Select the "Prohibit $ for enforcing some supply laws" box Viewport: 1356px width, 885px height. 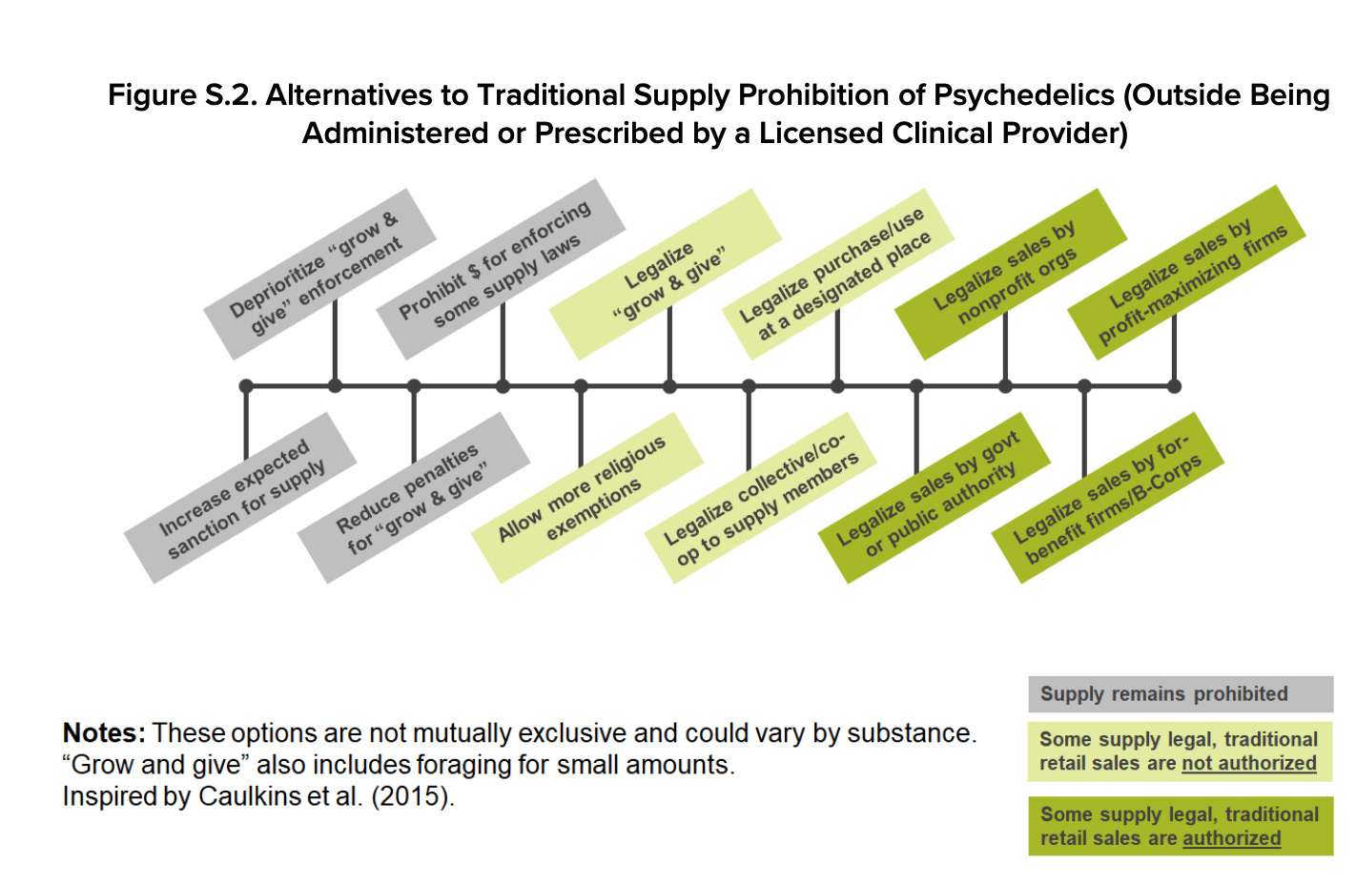(501, 269)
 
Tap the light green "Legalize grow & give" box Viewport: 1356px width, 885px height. (666, 275)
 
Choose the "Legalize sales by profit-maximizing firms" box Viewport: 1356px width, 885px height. (1185, 273)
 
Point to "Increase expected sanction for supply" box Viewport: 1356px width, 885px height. (240, 498)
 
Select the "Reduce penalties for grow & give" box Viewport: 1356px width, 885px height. (414, 498)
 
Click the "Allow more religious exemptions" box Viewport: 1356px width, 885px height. (587, 498)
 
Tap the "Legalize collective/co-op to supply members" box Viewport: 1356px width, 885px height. (761, 498)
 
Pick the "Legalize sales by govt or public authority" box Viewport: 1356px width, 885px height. (935, 498)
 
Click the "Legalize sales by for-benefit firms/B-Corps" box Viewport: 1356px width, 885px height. (1108, 498)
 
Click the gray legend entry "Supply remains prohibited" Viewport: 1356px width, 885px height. (1181, 694)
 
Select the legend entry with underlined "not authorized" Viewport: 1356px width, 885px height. (1181, 751)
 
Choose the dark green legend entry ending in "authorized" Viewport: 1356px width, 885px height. (1181, 826)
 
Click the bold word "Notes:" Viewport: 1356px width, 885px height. (104, 733)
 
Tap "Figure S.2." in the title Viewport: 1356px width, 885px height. (180, 95)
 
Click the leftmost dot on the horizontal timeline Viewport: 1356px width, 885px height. (246, 386)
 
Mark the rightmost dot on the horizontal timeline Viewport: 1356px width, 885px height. (1174, 386)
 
